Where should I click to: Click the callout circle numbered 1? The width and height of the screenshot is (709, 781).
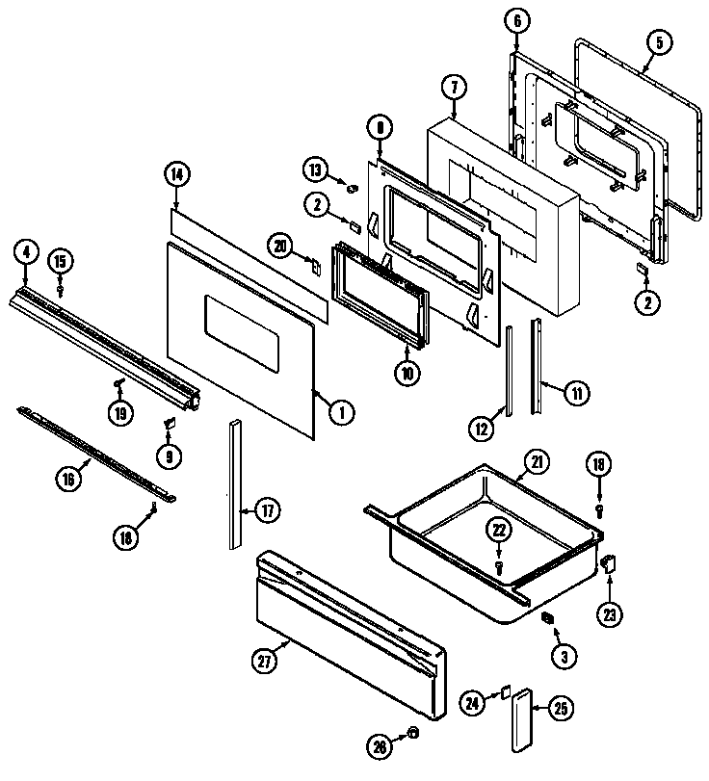[x=339, y=412]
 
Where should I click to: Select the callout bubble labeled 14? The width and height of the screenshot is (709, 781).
[x=176, y=174]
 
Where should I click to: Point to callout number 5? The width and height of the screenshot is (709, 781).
[x=659, y=42]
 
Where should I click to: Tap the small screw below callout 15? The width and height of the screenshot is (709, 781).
[x=61, y=287]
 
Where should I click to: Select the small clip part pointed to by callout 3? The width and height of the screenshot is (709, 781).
[x=546, y=617]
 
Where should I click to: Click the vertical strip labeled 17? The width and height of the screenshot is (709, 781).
[x=236, y=483]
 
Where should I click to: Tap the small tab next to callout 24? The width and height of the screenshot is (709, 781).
[x=503, y=691]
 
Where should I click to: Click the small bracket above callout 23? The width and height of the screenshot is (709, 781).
[x=608, y=562]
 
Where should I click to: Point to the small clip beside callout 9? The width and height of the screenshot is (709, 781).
[x=170, y=422]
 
